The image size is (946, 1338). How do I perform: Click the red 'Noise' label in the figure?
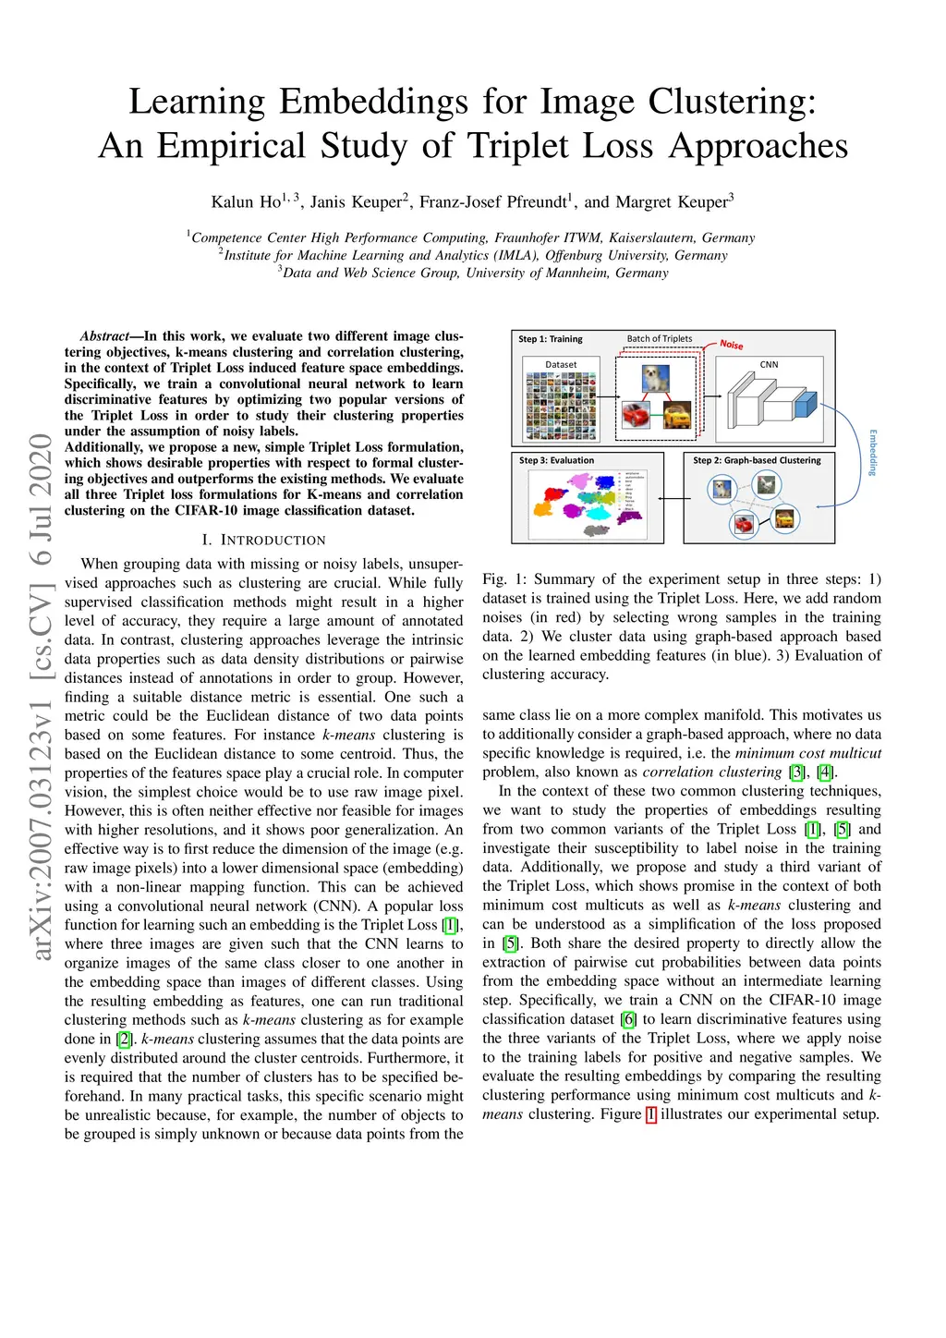coord(732,345)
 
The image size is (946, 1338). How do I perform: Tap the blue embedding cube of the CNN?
coord(807,404)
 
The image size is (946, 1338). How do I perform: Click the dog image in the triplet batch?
coord(655,378)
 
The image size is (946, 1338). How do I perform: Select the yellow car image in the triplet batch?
coord(676,416)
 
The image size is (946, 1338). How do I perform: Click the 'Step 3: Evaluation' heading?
coord(556,460)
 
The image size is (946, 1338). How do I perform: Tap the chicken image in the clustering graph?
coord(767,484)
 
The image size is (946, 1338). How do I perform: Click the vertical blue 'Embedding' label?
coord(873,452)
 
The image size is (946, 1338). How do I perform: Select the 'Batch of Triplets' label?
coord(660,339)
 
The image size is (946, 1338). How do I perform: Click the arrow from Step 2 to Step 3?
coord(674,499)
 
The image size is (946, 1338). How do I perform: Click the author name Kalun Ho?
coord(246,202)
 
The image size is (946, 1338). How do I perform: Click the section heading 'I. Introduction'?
coord(263,540)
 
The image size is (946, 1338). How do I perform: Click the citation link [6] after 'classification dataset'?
coord(629,1019)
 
